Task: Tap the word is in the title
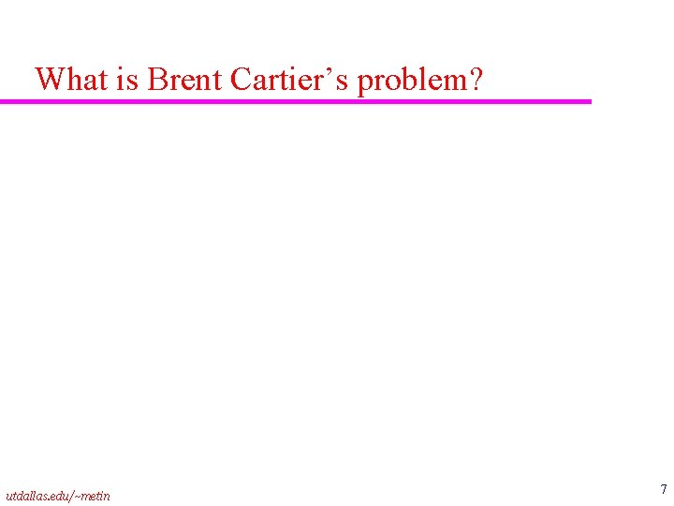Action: click(127, 80)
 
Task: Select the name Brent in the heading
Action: click(183, 80)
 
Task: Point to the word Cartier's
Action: click(289, 80)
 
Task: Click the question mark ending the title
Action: click(476, 80)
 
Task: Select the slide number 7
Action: click(663, 489)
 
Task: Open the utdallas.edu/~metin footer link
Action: click(57, 495)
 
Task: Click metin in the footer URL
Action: click(95, 495)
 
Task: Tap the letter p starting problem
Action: click(366, 83)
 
